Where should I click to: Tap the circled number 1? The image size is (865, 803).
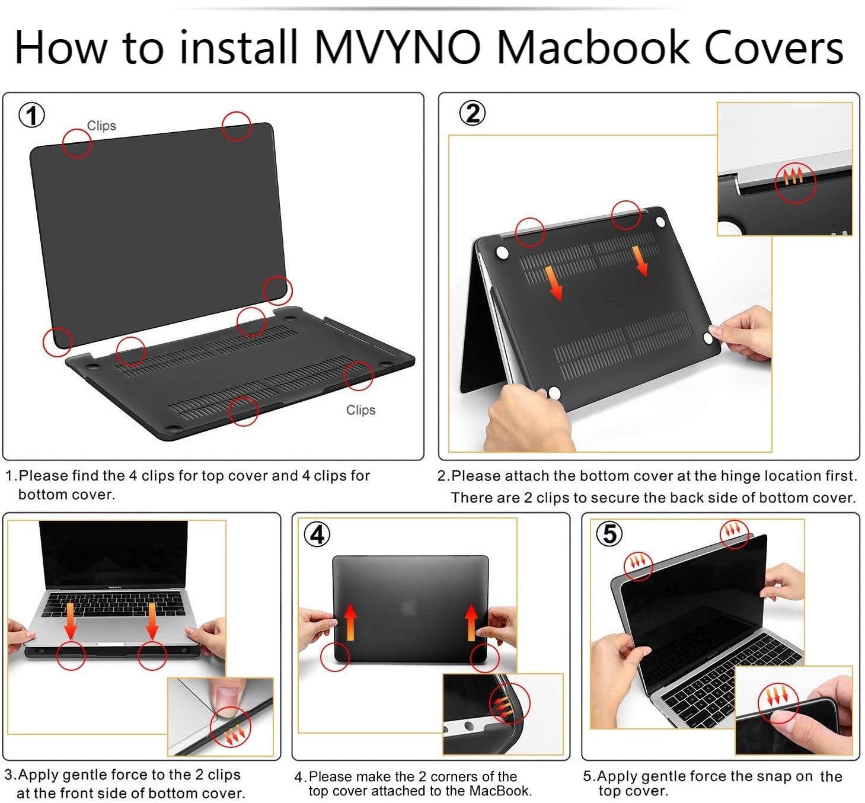point(31,116)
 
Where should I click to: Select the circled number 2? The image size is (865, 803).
point(473,113)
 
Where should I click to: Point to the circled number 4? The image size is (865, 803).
point(317,535)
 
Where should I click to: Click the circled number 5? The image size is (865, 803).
point(609,533)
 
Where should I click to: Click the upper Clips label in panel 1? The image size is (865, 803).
point(101,126)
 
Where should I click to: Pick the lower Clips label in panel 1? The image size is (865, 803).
point(360,410)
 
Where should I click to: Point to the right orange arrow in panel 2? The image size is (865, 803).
point(640,260)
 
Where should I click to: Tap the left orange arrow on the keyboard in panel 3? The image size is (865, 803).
point(70,621)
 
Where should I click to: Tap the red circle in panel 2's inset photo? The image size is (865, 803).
point(796,183)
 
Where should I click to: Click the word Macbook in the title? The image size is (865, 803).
point(593,47)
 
